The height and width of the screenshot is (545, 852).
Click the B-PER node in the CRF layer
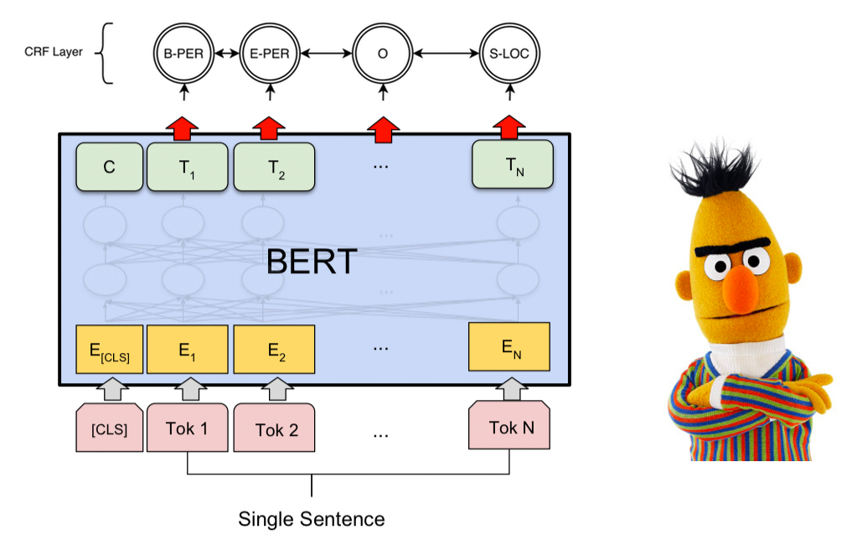(x=184, y=54)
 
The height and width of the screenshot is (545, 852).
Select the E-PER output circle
(x=269, y=54)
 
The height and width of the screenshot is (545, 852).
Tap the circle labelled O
(x=383, y=54)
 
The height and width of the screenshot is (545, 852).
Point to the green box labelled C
(x=110, y=165)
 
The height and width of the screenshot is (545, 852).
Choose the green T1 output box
(x=187, y=166)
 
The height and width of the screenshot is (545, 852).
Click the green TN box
(x=512, y=164)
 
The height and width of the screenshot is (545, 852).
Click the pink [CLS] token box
(x=110, y=429)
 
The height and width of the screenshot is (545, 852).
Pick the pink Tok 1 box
(x=187, y=428)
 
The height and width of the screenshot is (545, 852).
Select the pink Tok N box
(x=509, y=428)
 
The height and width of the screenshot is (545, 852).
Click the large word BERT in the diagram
(x=312, y=262)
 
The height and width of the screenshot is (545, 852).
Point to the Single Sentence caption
(x=312, y=518)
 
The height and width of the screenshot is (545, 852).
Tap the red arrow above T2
(x=269, y=127)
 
